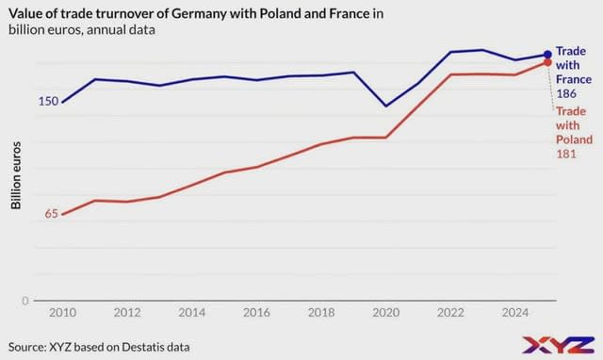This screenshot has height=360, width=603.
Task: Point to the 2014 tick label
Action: coord(191,312)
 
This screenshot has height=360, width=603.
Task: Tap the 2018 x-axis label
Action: coord(321,312)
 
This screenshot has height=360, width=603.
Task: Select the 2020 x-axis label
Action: coord(386,312)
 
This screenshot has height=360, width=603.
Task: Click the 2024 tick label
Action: coord(515,312)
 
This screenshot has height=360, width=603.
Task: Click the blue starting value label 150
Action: coord(48,101)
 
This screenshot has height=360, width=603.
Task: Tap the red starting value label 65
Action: coord(51,214)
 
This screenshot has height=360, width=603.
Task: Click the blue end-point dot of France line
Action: coord(548,55)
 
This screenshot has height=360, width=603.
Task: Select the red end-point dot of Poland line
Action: coord(548,62)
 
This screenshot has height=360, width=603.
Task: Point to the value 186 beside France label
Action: coord(566,94)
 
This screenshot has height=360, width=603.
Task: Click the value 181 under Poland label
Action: coord(566,155)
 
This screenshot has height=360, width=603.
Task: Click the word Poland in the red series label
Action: coord(573,139)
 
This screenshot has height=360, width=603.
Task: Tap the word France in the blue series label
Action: coord(573,80)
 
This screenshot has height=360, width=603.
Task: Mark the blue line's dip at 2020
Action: coord(386,106)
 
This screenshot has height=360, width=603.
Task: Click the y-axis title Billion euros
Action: coord(16,177)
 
